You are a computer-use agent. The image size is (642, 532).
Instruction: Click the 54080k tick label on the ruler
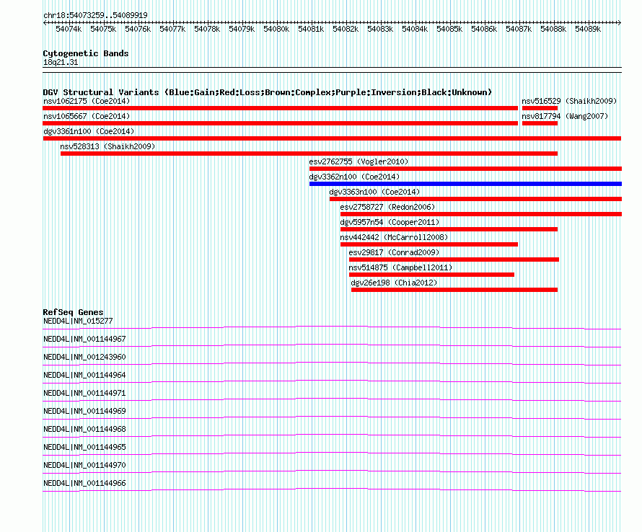tap(276, 29)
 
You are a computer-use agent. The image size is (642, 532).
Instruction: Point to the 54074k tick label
tap(69, 29)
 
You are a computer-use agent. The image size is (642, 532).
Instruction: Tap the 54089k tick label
tap(588, 29)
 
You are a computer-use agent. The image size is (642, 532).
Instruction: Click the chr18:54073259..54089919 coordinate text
tap(95, 15)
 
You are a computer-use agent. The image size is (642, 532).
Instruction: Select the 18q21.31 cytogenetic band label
tap(61, 62)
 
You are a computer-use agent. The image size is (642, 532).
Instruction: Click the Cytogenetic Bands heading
tap(86, 53)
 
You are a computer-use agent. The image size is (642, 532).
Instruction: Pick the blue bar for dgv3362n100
tap(465, 184)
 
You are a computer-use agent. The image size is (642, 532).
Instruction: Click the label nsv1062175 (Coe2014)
tap(87, 101)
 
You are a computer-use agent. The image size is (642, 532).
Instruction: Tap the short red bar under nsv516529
tap(540, 108)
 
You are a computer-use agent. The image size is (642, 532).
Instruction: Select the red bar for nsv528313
tap(309, 154)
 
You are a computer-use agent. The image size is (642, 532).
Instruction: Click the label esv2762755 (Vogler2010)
tap(359, 161)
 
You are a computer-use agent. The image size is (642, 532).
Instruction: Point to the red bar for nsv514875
tap(431, 275)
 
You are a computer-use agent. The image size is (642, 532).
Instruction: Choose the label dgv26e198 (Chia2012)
tap(395, 283)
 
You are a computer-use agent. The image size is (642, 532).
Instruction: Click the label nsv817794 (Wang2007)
tap(565, 116)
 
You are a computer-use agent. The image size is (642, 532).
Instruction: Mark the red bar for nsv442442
tap(429, 244)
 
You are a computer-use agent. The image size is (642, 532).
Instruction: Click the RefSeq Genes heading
tap(74, 312)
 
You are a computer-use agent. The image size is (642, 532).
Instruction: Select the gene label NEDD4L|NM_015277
tap(78, 322)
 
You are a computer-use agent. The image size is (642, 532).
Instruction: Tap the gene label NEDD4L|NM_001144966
tap(84, 483)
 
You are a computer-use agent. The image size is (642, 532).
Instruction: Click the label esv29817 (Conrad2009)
tap(394, 252)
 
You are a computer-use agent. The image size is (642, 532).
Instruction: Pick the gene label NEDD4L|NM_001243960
tap(84, 358)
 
